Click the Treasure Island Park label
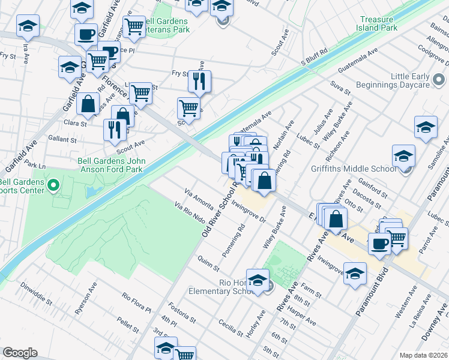[379, 23]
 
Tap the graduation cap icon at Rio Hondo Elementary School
[258, 281]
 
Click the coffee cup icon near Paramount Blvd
[379, 244]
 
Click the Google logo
[20, 353]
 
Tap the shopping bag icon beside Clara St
[88, 103]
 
